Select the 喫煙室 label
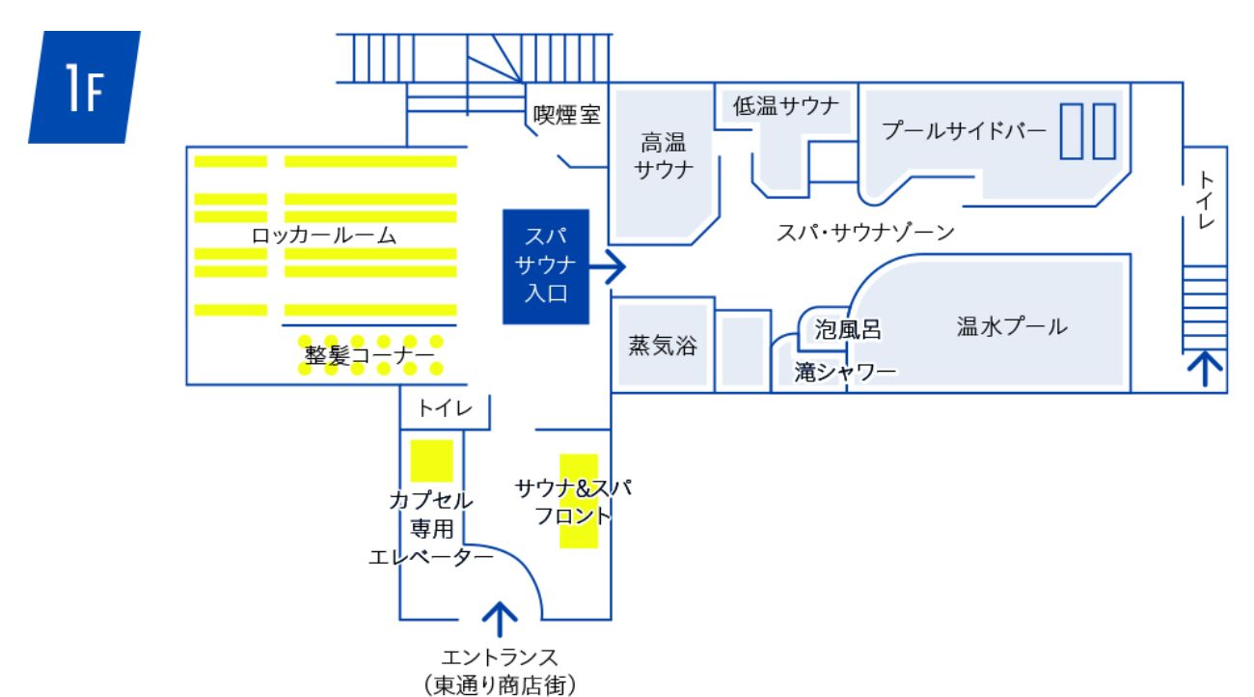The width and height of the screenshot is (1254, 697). tap(567, 116)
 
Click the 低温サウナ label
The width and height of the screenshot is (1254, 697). tap(786, 106)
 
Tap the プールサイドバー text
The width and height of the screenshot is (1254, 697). tap(964, 131)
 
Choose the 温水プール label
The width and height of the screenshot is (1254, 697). tap(1012, 327)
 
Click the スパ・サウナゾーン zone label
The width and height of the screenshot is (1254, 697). tap(865, 233)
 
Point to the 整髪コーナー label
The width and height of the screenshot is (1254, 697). tap(369, 354)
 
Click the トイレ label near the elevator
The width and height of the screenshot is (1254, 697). tap(445, 409)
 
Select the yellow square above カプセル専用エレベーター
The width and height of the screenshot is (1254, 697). tap(431, 460)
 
